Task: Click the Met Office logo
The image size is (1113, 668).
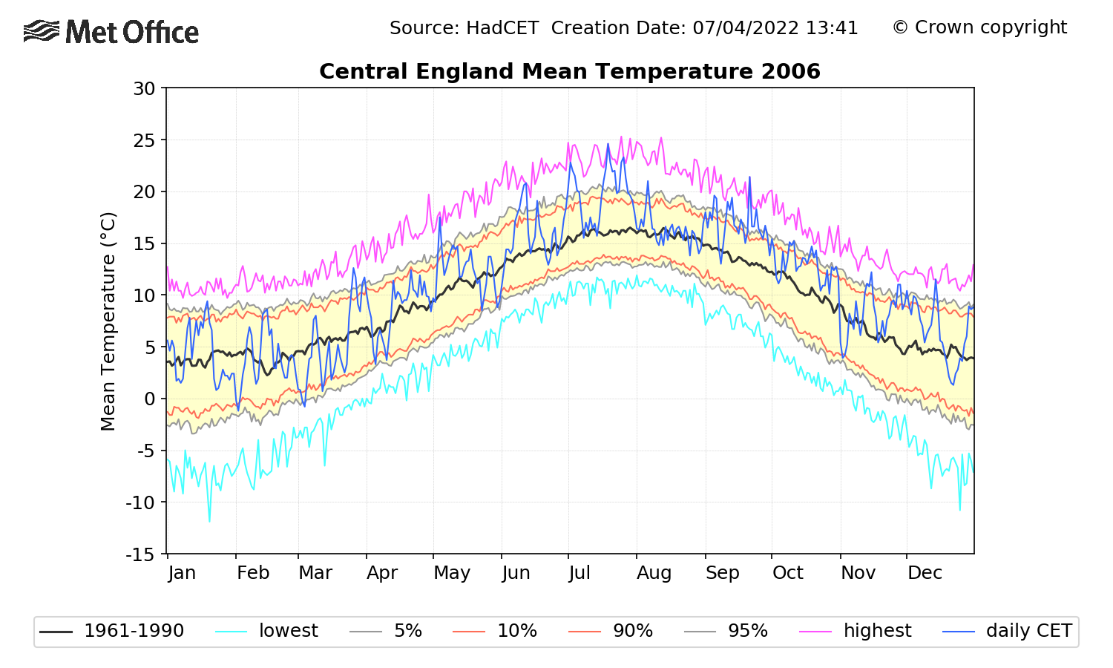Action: (111, 32)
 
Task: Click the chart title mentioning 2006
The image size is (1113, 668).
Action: (569, 71)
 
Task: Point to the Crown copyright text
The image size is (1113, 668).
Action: (979, 27)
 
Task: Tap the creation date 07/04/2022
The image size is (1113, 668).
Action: (746, 28)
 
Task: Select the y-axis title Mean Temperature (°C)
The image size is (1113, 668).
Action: (108, 321)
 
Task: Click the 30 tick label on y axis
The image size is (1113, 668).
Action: (145, 88)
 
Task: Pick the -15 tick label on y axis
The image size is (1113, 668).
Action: (141, 554)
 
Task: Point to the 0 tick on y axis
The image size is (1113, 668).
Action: (150, 399)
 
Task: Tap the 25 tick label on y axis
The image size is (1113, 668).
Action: (145, 140)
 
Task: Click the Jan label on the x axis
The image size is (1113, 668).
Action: (182, 573)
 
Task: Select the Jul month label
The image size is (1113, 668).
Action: (580, 573)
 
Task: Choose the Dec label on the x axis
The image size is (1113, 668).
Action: (925, 573)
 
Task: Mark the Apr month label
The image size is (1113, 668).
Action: (382, 573)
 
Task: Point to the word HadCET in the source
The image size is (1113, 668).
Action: (502, 28)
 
